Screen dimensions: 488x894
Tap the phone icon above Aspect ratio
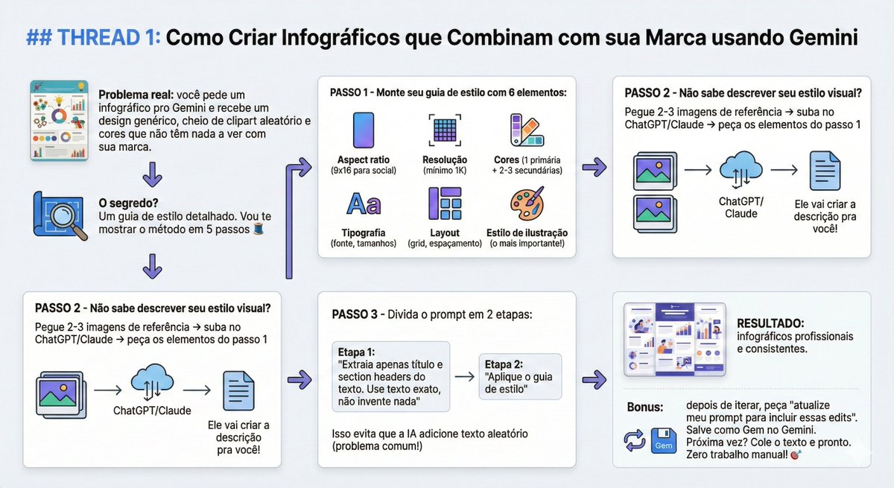pos(364,131)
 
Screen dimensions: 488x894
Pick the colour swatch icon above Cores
pos(527,132)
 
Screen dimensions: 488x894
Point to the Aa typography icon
pos(364,203)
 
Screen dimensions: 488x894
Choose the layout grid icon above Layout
pos(445,203)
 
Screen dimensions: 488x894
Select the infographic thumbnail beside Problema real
pos(59,120)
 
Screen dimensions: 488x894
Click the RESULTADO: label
pos(770,323)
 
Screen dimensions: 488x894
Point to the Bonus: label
pos(645,408)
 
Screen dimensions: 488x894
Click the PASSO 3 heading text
pos(354,314)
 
